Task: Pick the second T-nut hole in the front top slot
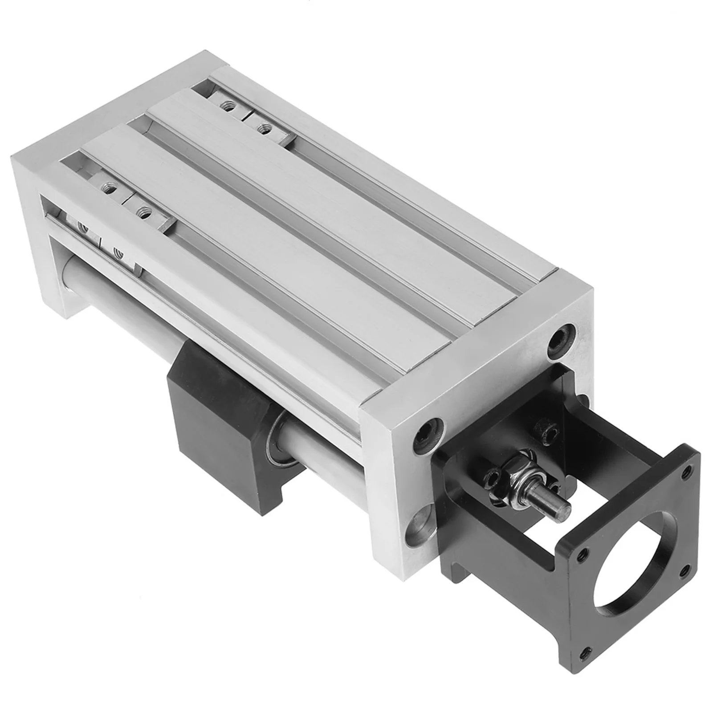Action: click(144, 210)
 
